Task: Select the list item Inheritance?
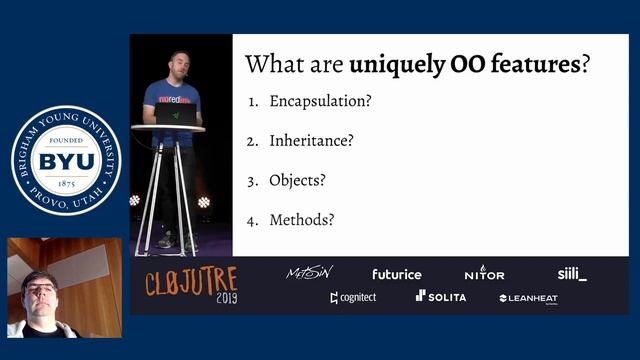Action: pos(311,141)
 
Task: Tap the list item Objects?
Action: pos(297,181)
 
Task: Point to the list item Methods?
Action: pos(302,220)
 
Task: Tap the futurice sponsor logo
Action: pos(397,274)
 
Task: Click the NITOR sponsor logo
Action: pos(484,273)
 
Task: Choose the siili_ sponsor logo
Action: pos(572,273)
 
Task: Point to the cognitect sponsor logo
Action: pos(353,297)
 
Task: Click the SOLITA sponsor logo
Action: pos(441,297)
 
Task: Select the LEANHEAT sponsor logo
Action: pos(528,298)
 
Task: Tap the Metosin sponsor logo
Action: pos(309,273)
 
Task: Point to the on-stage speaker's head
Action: pos(178,65)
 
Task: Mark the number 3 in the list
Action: pos(253,181)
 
